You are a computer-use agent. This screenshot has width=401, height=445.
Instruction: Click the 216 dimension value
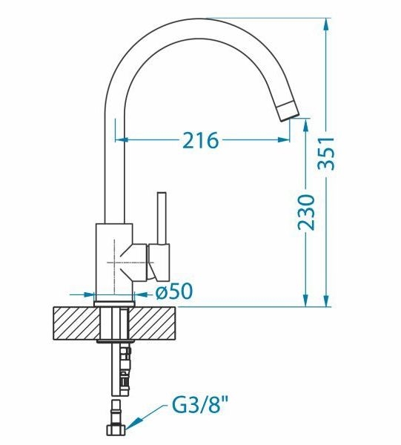pos(200,140)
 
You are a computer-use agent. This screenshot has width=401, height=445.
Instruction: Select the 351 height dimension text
pos(326,154)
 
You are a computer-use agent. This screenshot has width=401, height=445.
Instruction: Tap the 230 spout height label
pos(306,212)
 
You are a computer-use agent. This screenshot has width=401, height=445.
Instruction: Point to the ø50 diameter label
pos(174,291)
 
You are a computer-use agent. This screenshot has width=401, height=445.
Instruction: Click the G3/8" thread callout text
pos(200,406)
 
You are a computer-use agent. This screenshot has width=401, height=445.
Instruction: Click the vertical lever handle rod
pos(162,218)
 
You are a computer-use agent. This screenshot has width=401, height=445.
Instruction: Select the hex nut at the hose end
pos(115,429)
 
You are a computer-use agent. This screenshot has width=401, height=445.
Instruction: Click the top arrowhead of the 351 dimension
pos(326,25)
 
